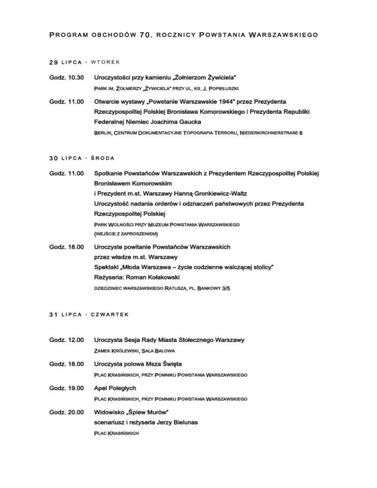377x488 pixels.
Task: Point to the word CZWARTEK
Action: pyautogui.click(x=109, y=315)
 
